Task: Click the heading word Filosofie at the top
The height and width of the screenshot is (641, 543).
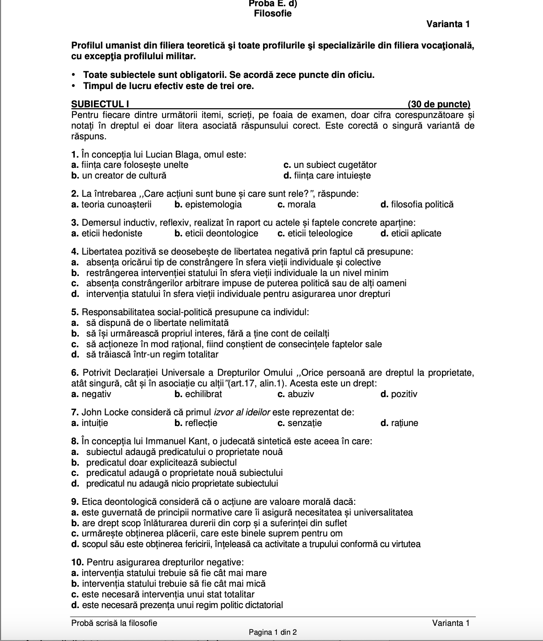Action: coord(273,13)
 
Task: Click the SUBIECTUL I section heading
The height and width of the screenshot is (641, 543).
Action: coord(100,104)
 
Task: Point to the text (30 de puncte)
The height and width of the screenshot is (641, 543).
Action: coord(439,104)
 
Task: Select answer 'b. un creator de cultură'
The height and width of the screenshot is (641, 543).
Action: coord(119,175)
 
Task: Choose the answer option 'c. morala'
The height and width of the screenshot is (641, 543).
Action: coord(296,204)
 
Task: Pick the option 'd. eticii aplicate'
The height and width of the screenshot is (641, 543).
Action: coord(411,233)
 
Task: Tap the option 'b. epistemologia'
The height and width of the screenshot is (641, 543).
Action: coord(208,204)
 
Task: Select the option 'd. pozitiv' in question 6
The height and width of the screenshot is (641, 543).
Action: coord(399,394)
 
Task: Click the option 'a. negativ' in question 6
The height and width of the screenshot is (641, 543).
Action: coord(91,394)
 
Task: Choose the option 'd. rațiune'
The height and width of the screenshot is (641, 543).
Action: coord(400,423)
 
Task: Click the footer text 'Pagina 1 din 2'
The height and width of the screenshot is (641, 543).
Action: coord(273,632)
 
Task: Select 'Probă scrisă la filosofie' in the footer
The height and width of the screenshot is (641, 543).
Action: coord(114,623)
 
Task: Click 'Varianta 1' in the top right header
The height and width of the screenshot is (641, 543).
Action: coord(448,24)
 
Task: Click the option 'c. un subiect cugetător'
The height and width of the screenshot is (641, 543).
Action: coord(330,165)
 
